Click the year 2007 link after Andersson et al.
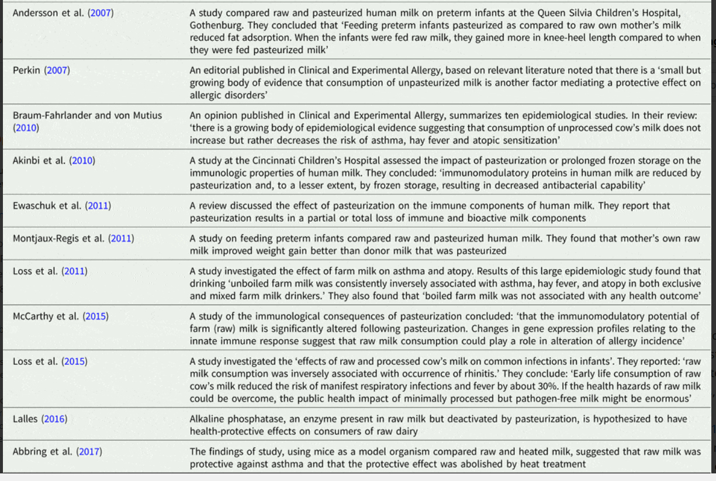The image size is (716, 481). pyautogui.click(x=101, y=13)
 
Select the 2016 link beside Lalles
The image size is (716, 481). pyautogui.click(x=54, y=419)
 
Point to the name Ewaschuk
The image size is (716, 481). pyautogui.click(x=36, y=205)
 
